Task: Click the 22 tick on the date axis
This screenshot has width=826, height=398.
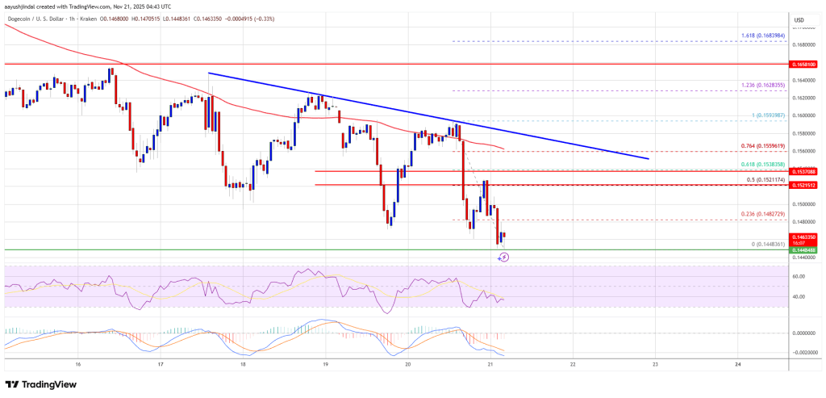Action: point(572,365)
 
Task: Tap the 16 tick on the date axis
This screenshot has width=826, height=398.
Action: point(77,365)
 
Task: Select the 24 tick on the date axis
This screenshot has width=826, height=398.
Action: point(737,365)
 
